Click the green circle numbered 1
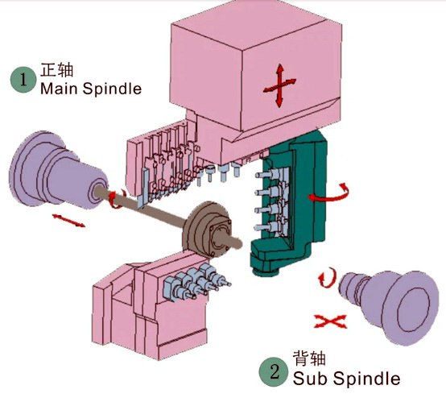[x=23, y=80]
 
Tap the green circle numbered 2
[x=274, y=372]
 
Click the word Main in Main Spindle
[x=59, y=89]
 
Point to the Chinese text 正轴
[x=57, y=70]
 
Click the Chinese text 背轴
[x=309, y=358]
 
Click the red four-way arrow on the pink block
[x=279, y=85]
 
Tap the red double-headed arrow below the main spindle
[x=68, y=221]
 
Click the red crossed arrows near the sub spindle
[x=330, y=321]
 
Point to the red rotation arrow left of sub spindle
[x=326, y=278]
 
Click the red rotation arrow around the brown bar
[x=116, y=199]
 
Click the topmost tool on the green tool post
[x=269, y=175]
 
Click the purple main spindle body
[x=57, y=170]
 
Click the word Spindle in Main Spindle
[x=112, y=89]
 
